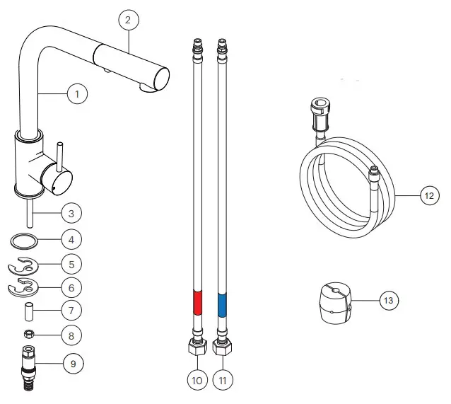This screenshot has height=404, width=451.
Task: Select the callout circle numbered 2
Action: click(x=128, y=20)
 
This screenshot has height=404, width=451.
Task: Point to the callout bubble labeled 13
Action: click(x=388, y=301)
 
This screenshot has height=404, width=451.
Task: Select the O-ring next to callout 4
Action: click(x=25, y=241)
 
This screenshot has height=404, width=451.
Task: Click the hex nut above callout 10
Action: click(x=196, y=348)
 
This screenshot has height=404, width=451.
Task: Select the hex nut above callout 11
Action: click(x=221, y=348)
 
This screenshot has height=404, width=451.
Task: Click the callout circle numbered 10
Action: click(x=197, y=380)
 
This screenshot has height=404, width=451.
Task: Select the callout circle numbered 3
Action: click(x=71, y=212)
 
